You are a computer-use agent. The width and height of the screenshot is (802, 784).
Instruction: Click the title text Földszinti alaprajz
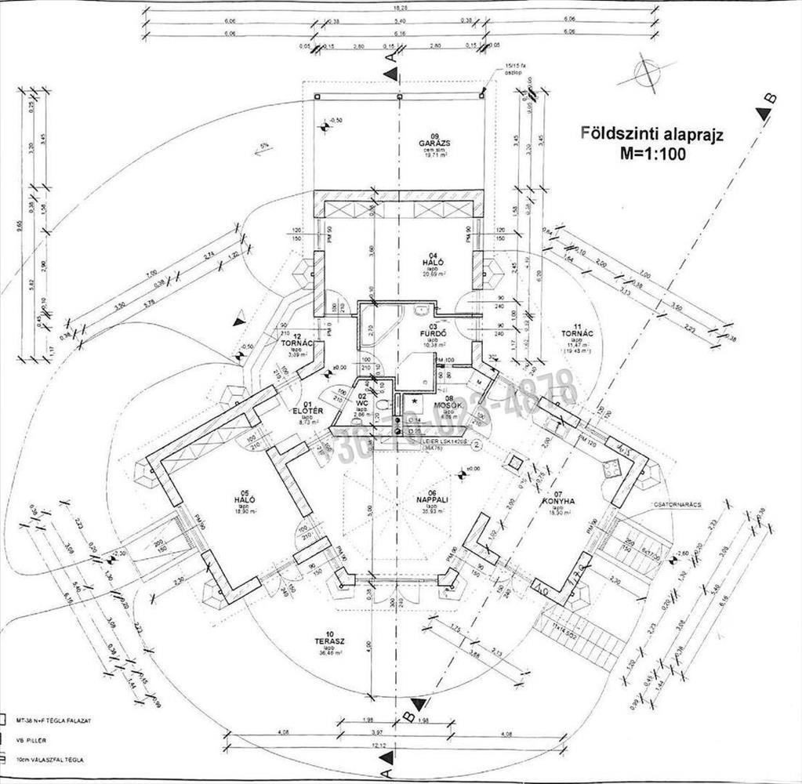(651, 132)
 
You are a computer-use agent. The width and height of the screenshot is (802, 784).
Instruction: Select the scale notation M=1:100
(652, 154)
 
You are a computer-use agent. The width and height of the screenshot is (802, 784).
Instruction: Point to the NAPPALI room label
(432, 499)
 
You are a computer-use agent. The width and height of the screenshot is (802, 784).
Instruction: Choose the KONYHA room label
(558, 500)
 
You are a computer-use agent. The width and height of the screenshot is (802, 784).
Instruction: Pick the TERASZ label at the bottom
(325, 641)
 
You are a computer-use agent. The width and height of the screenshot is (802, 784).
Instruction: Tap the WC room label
(362, 404)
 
